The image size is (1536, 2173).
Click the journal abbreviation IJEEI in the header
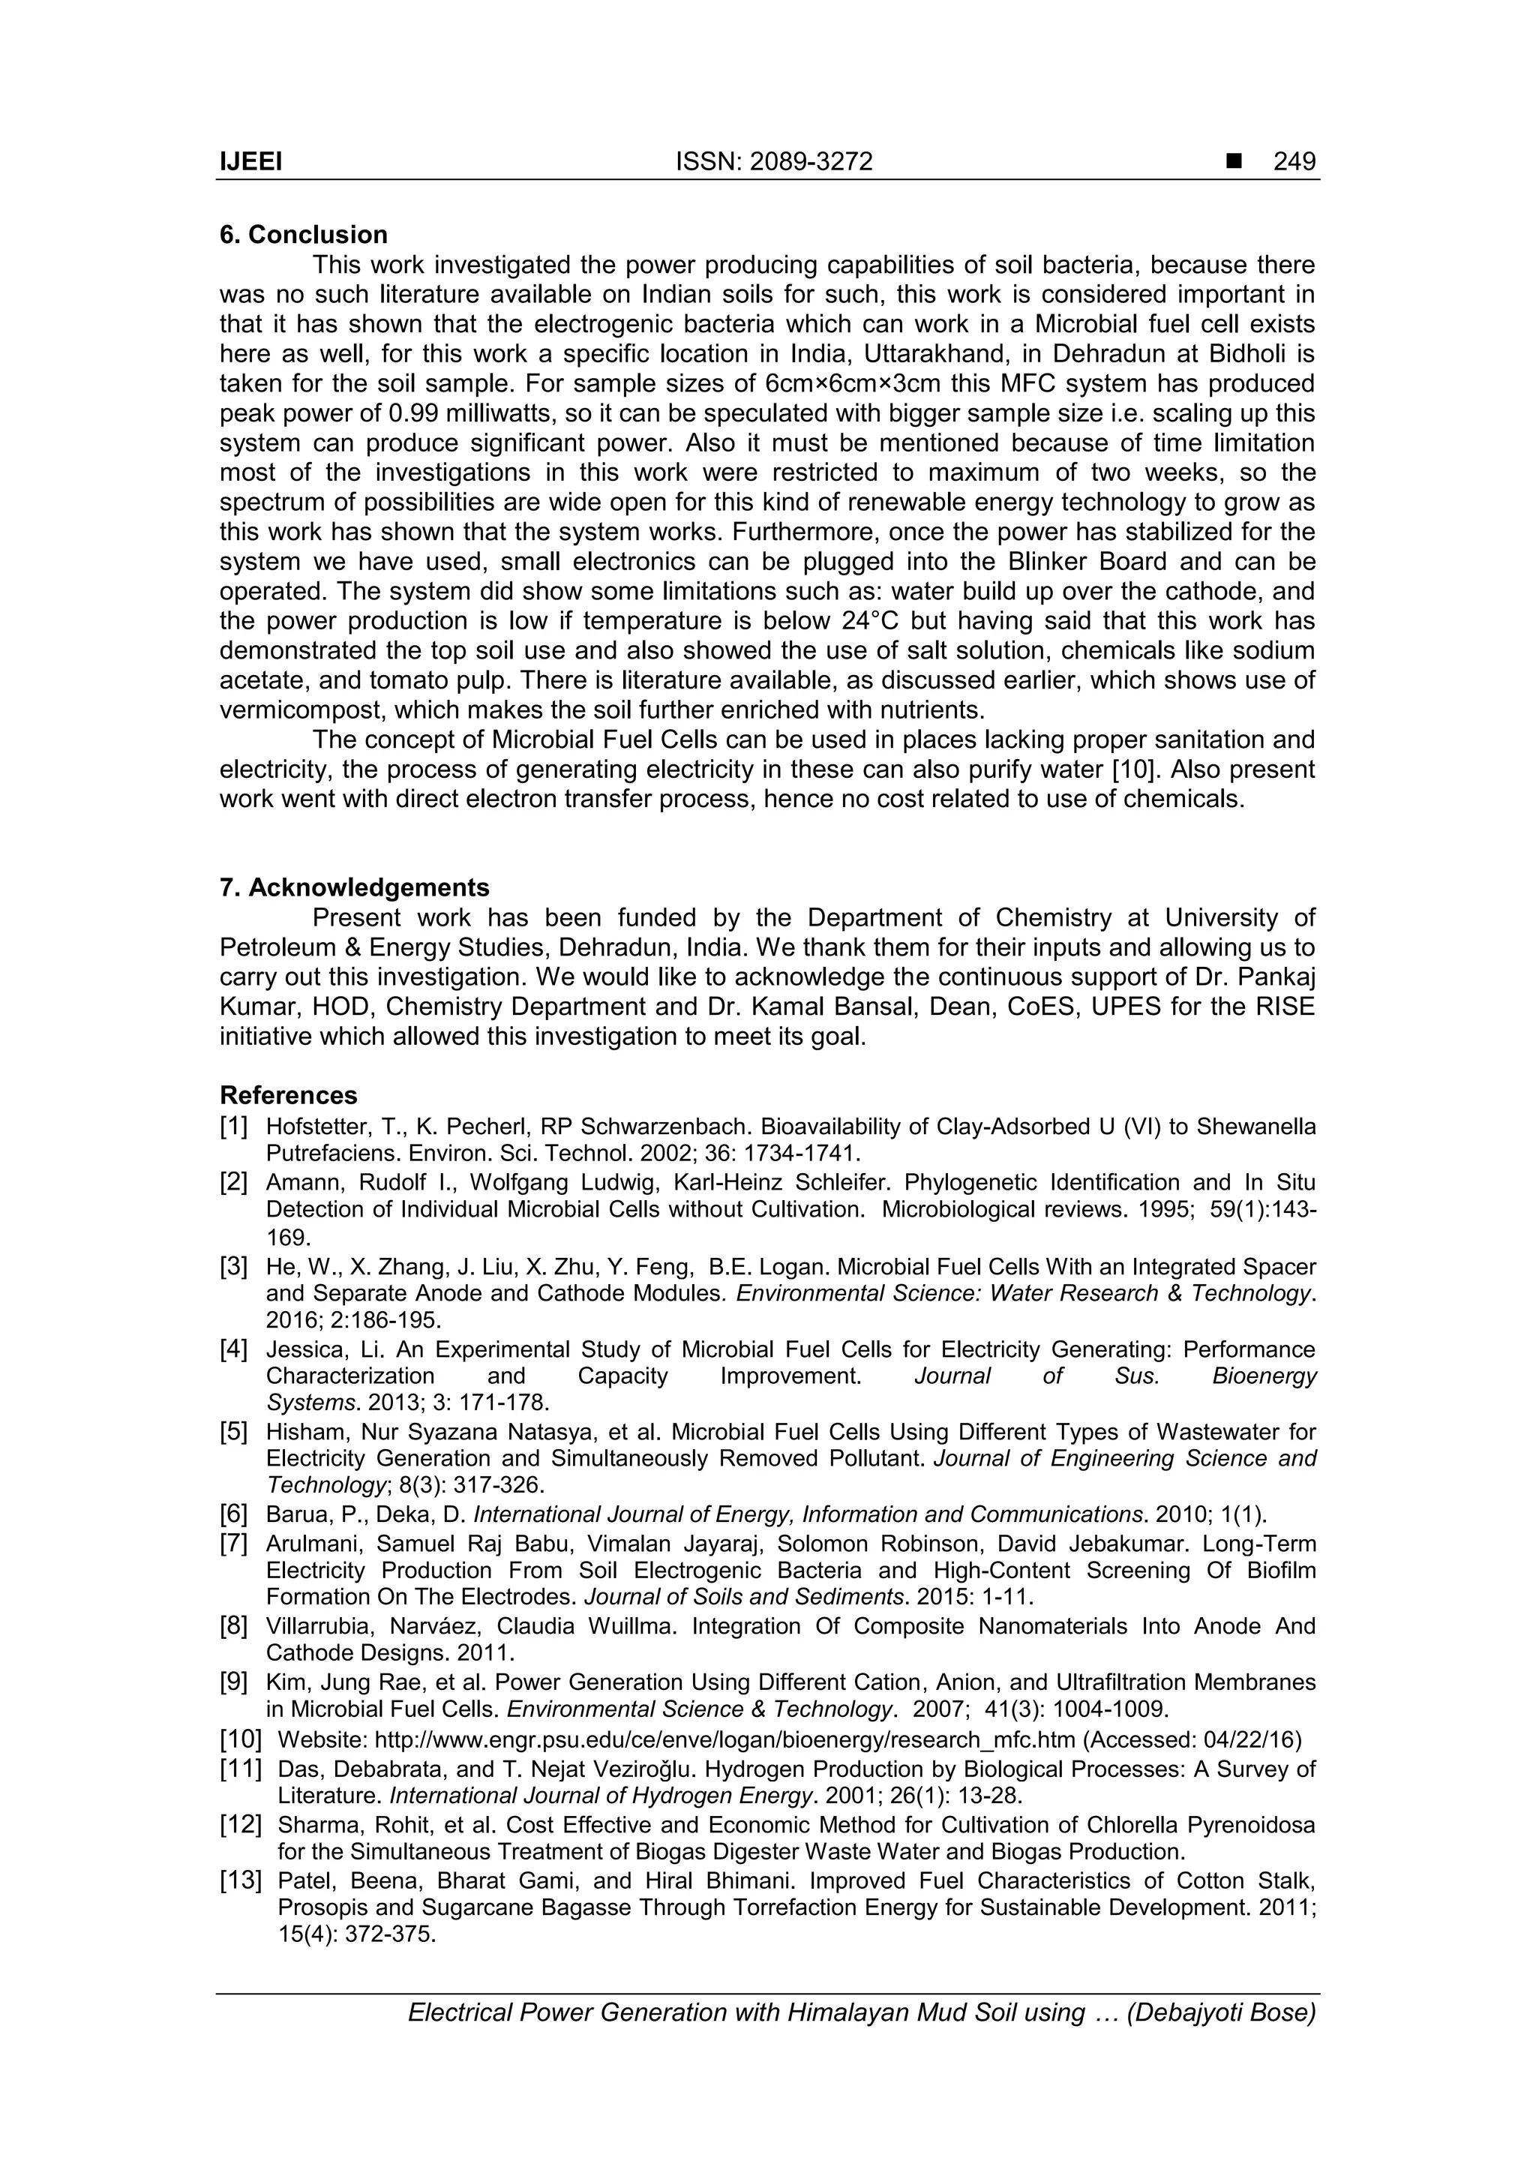tap(250, 162)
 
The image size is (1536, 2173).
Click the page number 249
tap(1294, 162)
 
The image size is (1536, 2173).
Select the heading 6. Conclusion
tap(304, 235)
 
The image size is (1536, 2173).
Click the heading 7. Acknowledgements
tap(354, 888)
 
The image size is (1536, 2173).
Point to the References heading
tap(288, 1095)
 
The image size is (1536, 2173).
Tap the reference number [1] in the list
tap(234, 1126)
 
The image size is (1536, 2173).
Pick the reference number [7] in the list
tap(234, 1544)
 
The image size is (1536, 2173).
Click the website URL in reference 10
tap(724, 1739)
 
